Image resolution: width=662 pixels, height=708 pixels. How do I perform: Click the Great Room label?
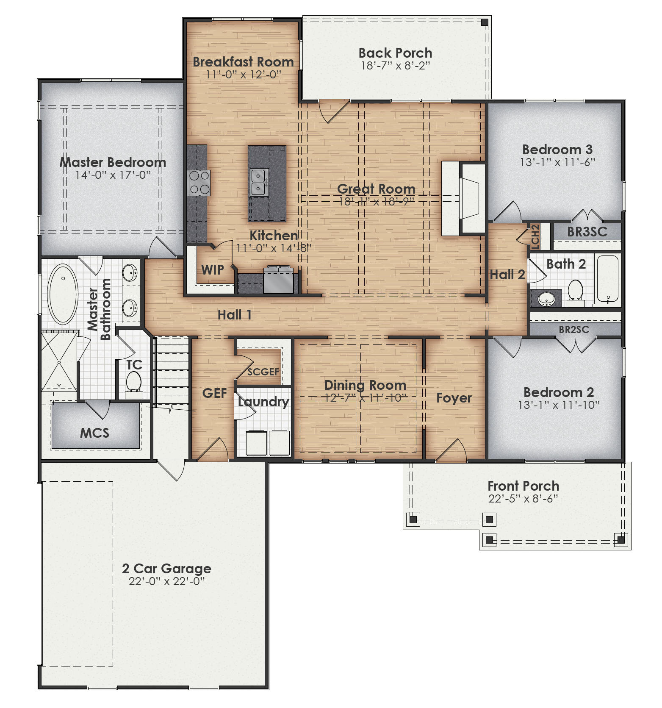click(376, 189)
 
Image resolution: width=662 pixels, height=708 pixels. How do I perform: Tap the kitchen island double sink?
click(258, 182)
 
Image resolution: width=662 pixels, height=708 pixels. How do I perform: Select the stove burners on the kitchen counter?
click(199, 183)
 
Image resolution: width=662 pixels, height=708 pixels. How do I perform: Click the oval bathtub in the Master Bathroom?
click(63, 295)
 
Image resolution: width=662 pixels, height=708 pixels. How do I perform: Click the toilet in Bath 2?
click(575, 292)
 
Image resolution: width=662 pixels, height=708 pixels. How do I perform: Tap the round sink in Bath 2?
click(546, 300)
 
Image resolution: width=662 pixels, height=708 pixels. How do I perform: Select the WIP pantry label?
click(212, 269)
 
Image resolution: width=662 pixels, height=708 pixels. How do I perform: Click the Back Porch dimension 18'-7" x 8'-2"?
click(395, 66)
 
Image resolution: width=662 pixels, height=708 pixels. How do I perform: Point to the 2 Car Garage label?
click(166, 569)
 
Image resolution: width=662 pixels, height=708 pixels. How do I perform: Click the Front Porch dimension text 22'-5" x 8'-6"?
click(523, 499)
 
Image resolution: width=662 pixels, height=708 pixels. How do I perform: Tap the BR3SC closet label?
click(587, 232)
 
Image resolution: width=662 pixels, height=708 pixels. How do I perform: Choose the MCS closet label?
click(94, 433)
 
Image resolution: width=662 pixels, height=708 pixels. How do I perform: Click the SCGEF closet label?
click(263, 372)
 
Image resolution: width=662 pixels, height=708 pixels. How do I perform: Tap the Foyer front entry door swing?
click(452, 452)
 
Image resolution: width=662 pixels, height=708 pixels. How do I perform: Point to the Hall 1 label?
click(235, 315)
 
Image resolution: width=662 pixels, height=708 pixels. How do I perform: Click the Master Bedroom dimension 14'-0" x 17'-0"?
click(113, 175)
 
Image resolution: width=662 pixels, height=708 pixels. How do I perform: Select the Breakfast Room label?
click(243, 62)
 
